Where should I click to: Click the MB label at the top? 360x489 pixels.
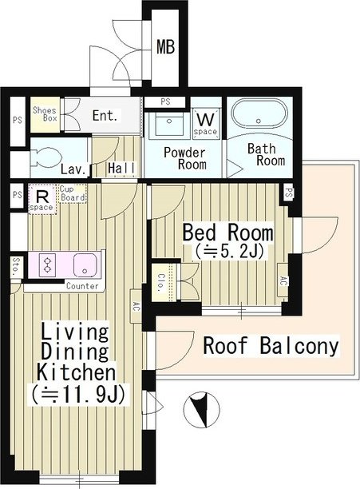[x=165, y=47]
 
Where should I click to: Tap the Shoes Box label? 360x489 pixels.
[x=45, y=114]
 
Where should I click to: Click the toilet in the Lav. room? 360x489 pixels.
[x=40, y=157]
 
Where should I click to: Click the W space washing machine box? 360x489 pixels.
[x=205, y=122]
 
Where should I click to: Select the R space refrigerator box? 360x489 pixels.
[x=42, y=199]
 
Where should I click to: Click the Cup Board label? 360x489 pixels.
[x=73, y=193]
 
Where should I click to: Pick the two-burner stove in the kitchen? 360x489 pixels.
[x=47, y=265]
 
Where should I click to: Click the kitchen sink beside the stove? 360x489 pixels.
[x=85, y=265]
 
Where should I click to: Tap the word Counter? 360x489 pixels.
[x=82, y=286]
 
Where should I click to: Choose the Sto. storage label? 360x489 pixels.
[x=16, y=267]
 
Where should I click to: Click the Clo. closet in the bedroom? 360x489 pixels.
[x=161, y=283]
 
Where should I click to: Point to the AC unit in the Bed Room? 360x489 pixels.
[x=282, y=280]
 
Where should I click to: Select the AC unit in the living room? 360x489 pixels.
[x=136, y=307]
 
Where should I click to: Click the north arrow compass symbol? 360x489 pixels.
[x=201, y=409]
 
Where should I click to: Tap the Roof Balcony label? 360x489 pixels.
[x=271, y=345]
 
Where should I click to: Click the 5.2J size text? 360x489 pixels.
[x=229, y=252]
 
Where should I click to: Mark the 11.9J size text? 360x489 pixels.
[x=78, y=395]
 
